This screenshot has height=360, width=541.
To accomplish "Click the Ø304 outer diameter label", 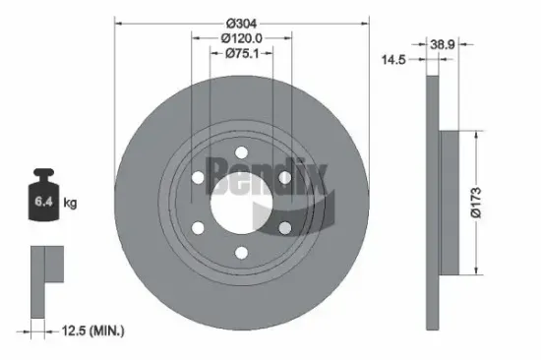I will click(x=242, y=23).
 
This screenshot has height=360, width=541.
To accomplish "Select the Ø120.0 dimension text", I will click(x=242, y=38).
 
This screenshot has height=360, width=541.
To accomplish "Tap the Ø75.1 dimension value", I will click(x=242, y=54).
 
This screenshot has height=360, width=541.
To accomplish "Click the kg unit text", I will click(x=70, y=204).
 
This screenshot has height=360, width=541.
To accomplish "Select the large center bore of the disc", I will click(x=241, y=202).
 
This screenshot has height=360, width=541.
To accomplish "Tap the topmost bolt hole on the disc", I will click(x=241, y=152).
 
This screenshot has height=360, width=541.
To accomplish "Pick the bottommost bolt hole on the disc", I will click(x=241, y=252).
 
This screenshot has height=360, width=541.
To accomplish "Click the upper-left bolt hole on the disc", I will click(x=198, y=177).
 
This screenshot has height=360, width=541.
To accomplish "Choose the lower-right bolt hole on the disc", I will click(x=284, y=227).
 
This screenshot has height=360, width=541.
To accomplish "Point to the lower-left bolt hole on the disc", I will click(x=198, y=227).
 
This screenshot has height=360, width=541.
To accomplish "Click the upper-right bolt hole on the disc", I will click(x=284, y=177).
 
